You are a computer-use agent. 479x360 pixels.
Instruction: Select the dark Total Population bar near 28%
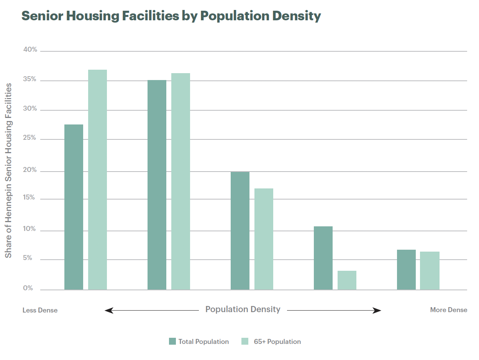coord(74,207)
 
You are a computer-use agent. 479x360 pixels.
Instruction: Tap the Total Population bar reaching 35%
coord(157,185)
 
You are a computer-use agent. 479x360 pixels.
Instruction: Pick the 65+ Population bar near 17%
coord(264,239)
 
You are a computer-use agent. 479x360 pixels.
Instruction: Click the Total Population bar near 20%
coord(240,231)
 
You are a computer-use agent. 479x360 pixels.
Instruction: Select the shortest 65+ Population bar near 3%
coord(347,280)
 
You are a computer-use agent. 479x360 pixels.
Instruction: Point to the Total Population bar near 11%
coord(323,258)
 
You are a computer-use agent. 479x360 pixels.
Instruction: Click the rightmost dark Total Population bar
coord(406,269)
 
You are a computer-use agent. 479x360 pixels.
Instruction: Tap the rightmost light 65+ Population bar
coord(430,270)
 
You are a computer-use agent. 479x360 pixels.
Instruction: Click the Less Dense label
coord(40,310)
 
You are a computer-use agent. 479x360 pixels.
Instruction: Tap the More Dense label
coord(448,310)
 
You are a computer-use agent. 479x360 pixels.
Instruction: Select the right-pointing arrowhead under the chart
coord(377,310)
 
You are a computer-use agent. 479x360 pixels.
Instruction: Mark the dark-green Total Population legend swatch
coord(172,341)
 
